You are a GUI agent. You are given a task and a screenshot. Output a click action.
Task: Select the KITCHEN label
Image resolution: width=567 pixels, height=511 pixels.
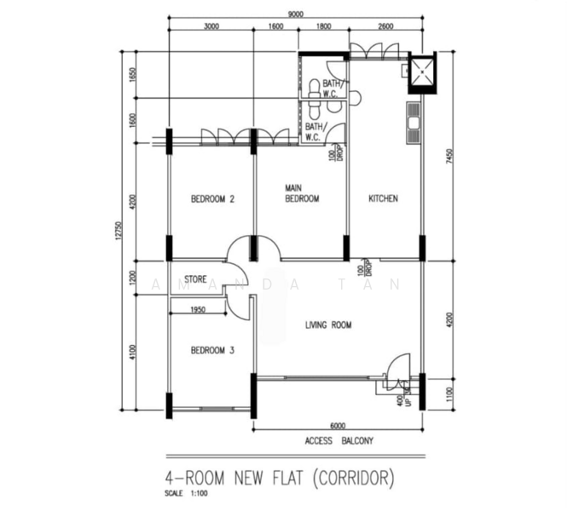click(383, 199)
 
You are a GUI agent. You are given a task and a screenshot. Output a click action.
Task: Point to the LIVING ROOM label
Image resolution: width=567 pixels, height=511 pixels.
click(329, 324)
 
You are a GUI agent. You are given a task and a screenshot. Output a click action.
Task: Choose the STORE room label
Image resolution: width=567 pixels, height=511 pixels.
click(196, 278)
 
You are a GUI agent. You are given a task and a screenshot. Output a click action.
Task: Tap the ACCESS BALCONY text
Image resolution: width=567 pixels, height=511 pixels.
click(338, 441)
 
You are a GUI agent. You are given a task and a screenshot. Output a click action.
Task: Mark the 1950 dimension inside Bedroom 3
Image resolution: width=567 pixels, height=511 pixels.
click(197, 309)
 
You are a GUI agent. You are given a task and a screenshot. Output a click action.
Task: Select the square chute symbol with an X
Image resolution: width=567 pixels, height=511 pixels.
click(422, 73)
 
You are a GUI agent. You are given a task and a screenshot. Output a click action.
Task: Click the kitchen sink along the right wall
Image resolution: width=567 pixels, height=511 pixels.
click(414, 122)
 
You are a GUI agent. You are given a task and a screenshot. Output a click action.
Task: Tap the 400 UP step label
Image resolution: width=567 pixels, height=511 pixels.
click(403, 399)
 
